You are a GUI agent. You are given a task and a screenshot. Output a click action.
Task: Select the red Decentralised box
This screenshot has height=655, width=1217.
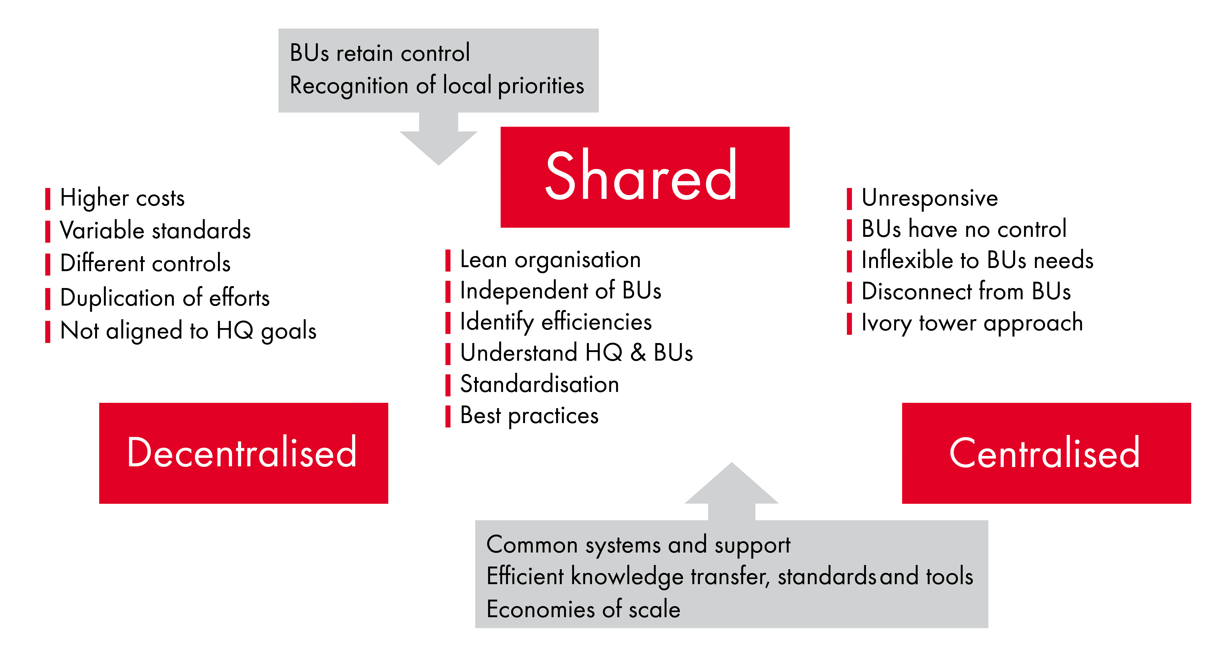pos(243,453)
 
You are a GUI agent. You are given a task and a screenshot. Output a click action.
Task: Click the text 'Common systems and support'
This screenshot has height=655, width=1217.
pos(638,545)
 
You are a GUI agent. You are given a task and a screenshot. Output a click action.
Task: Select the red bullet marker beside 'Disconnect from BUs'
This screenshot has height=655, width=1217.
pos(849,292)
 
